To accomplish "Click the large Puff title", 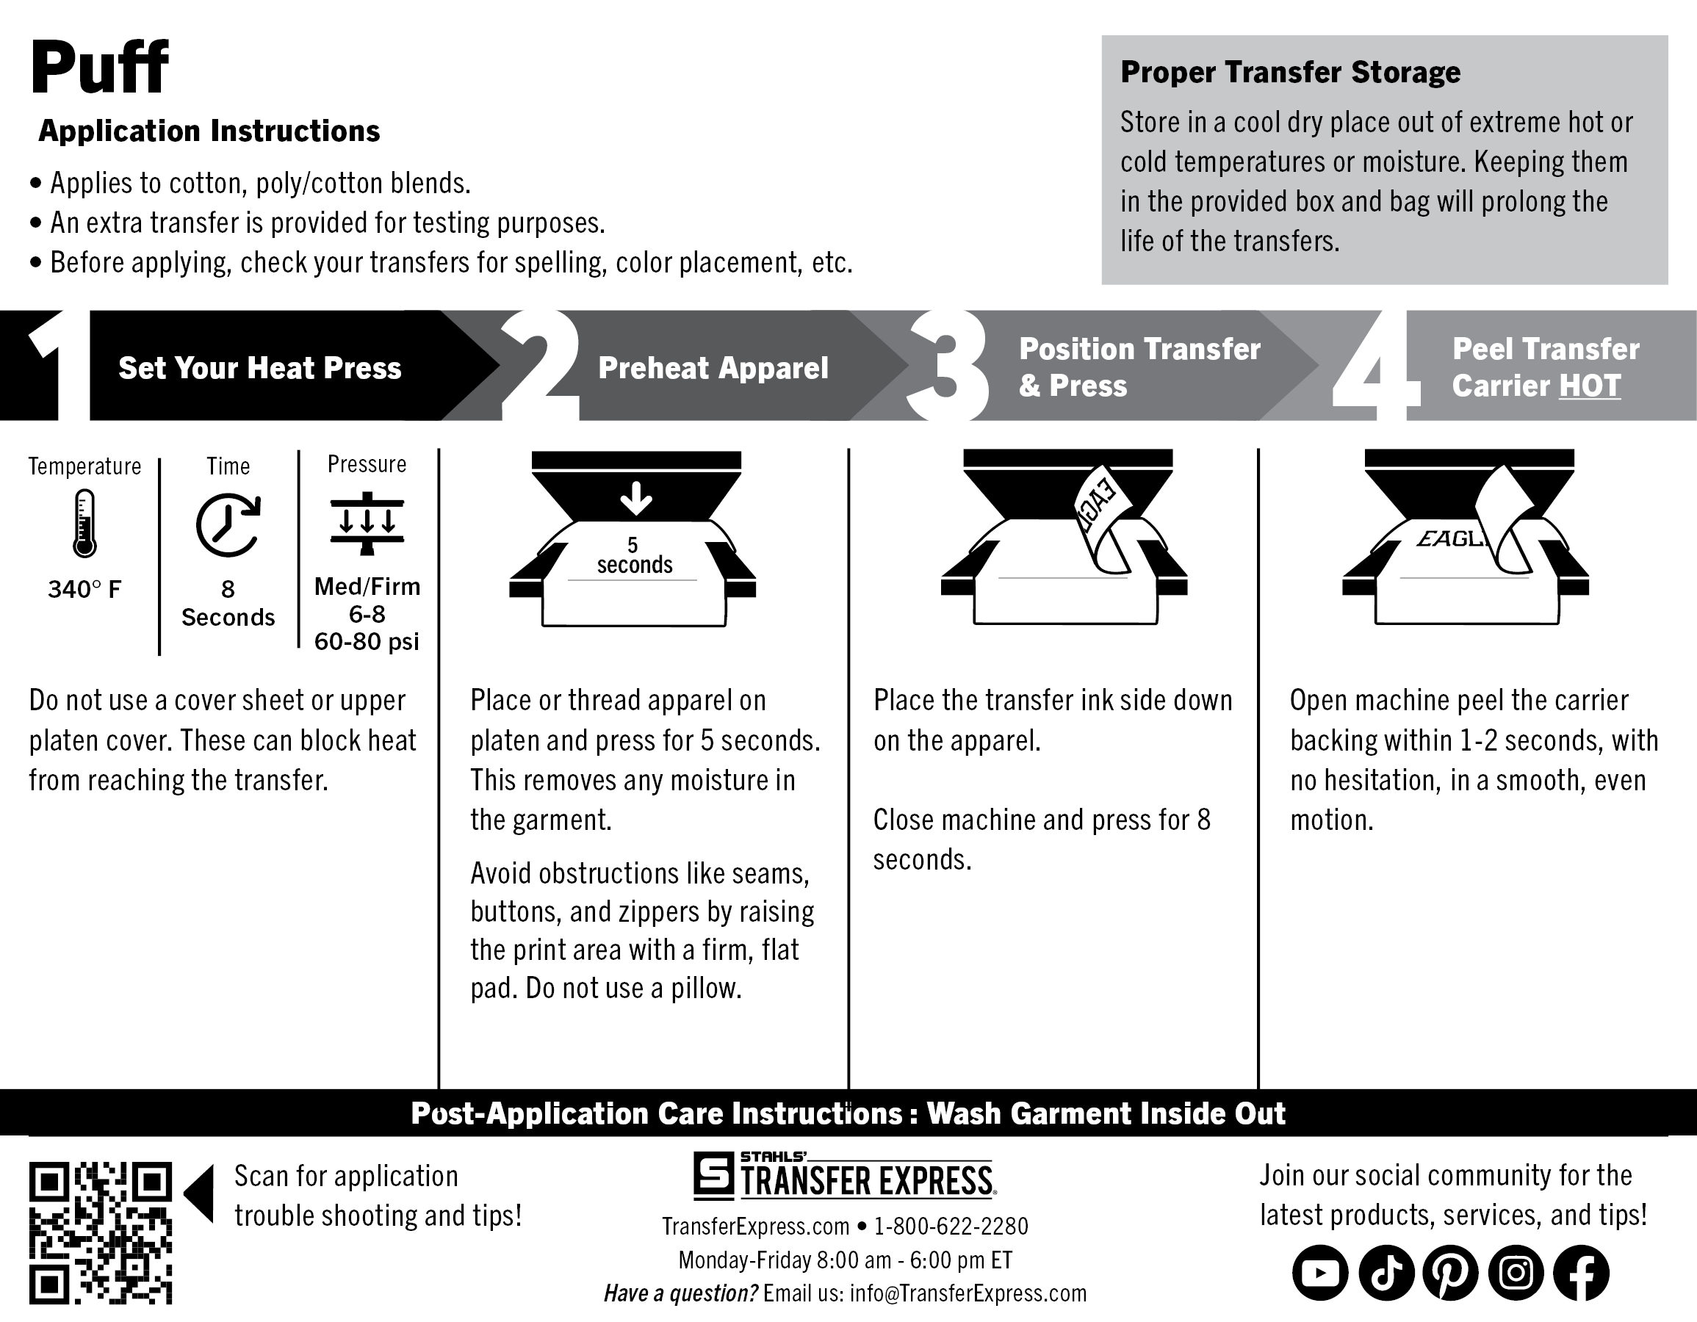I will click(x=99, y=68).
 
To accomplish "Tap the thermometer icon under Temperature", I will click(x=84, y=523).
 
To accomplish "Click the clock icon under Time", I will click(x=228, y=525).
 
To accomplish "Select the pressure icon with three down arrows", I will click(x=367, y=523).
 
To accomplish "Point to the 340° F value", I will click(x=84, y=590).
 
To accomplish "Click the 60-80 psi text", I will click(x=367, y=642).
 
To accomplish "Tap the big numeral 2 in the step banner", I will click(x=541, y=365).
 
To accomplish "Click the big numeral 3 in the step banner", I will click(x=948, y=365).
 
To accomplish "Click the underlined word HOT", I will click(x=1590, y=386).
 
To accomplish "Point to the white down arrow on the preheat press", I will click(x=636, y=498).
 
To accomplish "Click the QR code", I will click(x=100, y=1232).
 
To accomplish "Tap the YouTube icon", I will click(x=1320, y=1273).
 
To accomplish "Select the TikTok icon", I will click(x=1386, y=1273).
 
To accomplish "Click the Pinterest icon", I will click(x=1451, y=1273).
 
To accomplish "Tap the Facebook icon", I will click(x=1581, y=1273).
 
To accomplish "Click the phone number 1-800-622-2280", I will click(x=951, y=1227).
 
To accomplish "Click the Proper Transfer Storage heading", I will click(x=1290, y=72).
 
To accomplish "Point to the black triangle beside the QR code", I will click(x=200, y=1193).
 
